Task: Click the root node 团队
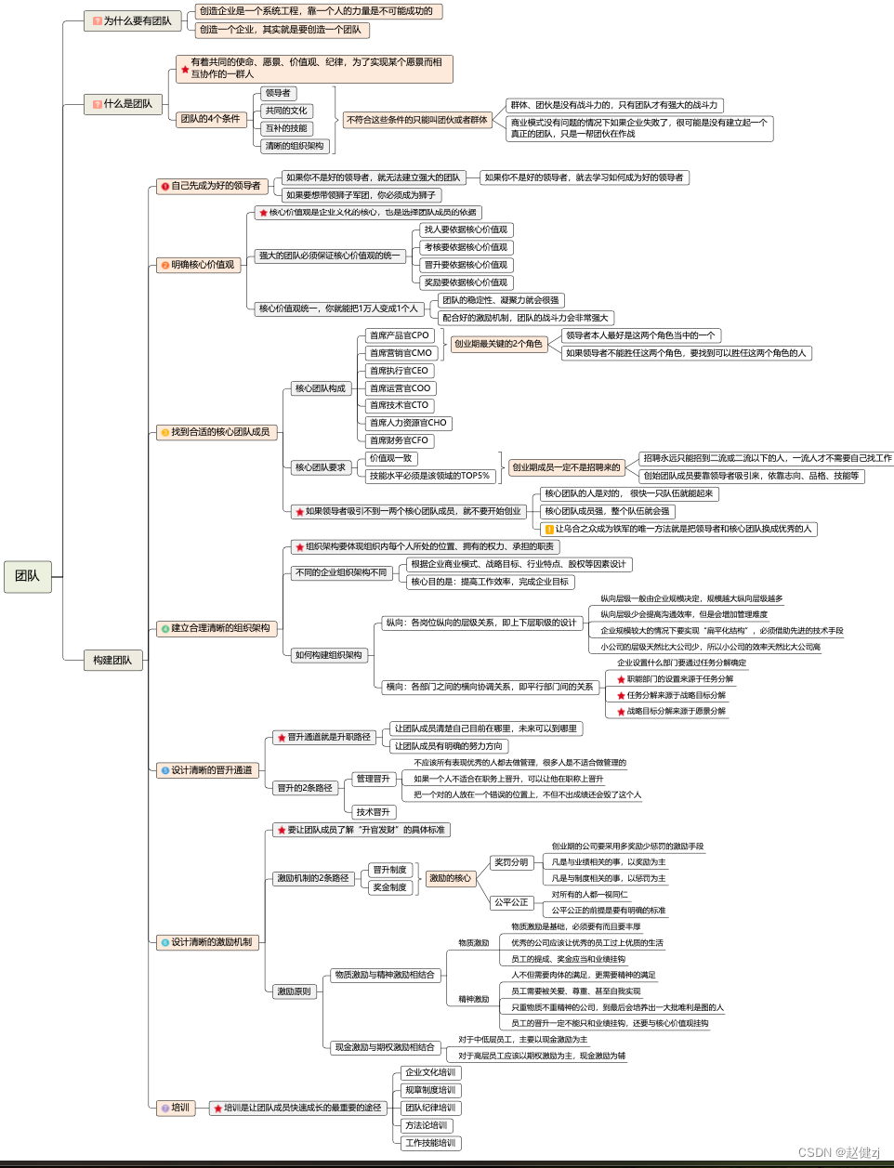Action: (x=27, y=576)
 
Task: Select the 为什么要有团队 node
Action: (x=133, y=20)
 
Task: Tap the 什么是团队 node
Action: (x=124, y=104)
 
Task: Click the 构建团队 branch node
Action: (x=112, y=660)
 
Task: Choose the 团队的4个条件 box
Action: (x=210, y=119)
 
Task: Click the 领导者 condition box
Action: (x=278, y=93)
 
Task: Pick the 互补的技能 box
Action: (x=286, y=128)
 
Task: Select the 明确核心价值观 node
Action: (x=199, y=265)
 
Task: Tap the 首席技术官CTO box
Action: (x=399, y=405)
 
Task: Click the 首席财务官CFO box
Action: (x=399, y=440)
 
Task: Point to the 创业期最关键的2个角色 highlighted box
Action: (x=497, y=344)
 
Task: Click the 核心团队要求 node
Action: (x=320, y=467)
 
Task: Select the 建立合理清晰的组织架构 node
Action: (x=216, y=628)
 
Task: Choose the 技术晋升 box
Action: (x=373, y=812)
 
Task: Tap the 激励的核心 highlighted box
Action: (x=450, y=878)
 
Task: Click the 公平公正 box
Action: (x=510, y=902)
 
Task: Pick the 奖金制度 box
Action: (x=389, y=887)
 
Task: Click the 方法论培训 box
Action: (x=427, y=1125)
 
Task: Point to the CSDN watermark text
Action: (x=838, y=1152)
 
